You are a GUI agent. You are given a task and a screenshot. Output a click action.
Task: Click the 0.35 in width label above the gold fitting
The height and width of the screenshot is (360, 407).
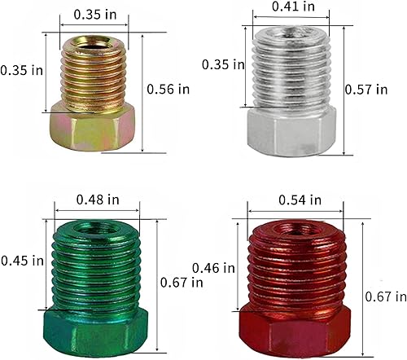pyautogui.click(x=94, y=14)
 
